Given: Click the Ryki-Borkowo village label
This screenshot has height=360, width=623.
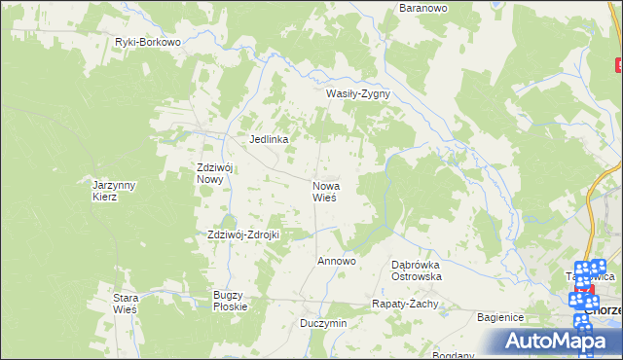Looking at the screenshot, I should (148, 43).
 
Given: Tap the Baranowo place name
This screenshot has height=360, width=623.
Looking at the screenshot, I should (422, 8).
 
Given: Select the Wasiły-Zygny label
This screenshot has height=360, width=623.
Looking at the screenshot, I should (357, 94).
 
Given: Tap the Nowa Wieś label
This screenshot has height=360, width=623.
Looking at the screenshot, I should (324, 191).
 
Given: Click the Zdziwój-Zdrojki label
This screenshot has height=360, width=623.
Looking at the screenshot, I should (243, 234).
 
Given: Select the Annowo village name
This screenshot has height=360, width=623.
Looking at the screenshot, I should (337, 262).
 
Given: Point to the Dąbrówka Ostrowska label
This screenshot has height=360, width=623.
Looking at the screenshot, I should (417, 270).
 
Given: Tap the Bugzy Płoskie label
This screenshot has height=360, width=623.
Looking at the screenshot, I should (231, 300).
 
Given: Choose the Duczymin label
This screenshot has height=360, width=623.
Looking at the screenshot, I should (323, 323).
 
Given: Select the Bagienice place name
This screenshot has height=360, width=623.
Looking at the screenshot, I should (500, 318).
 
